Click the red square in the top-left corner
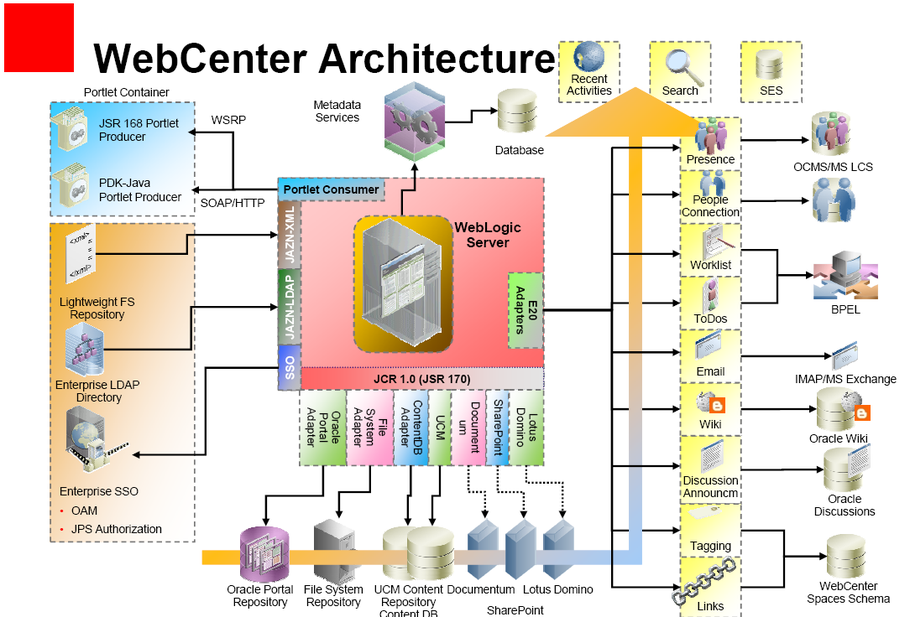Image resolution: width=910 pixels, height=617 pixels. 38,37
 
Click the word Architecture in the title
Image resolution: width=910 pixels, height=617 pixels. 437,59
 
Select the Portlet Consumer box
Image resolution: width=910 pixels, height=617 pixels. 331,189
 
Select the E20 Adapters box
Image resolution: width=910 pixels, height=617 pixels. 526,310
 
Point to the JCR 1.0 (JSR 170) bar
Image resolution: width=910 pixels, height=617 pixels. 422,379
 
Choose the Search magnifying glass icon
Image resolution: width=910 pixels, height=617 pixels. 680,64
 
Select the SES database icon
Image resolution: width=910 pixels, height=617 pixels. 770,63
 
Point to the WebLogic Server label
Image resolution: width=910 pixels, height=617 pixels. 489,235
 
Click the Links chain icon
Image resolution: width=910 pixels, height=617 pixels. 709,581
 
